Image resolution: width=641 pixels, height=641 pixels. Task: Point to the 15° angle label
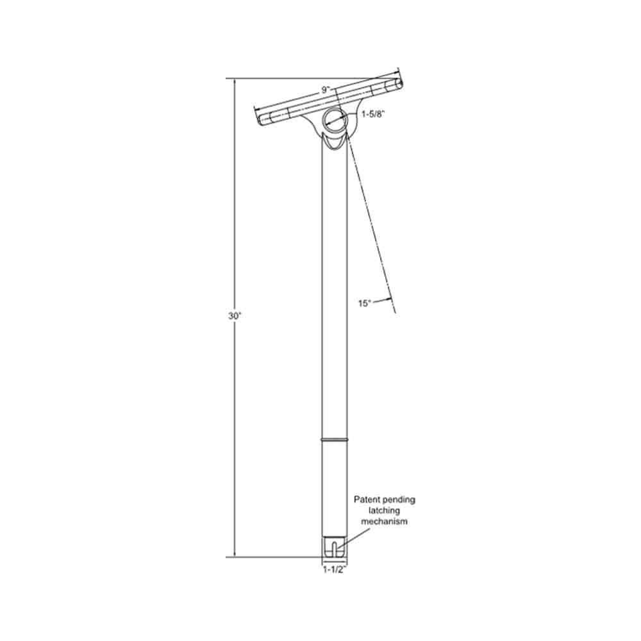pos(364,303)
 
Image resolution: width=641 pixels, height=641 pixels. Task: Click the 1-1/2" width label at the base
pos(334,569)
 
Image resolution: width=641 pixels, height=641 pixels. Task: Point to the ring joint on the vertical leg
pos(334,440)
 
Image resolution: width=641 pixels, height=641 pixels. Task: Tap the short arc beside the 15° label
pos(382,299)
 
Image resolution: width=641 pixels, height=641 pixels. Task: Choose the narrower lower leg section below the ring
pos(334,487)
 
